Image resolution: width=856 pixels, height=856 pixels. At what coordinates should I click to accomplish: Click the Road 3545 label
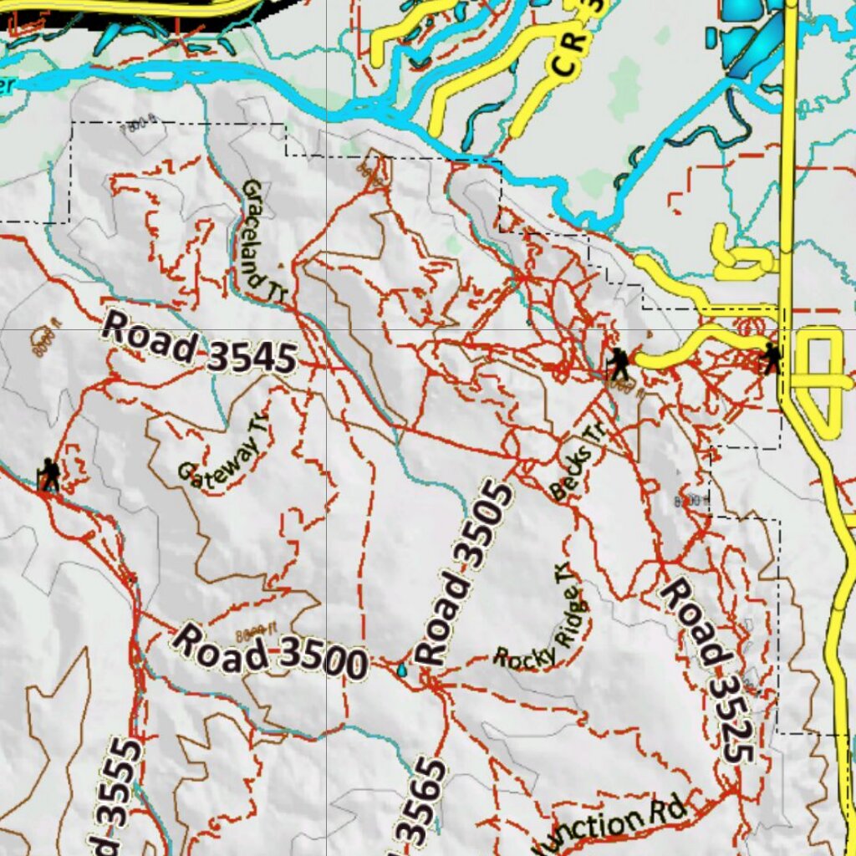[199, 344]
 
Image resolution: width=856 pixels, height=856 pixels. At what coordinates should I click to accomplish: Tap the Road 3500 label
[269, 651]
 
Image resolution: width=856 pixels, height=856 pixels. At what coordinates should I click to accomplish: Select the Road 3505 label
[465, 573]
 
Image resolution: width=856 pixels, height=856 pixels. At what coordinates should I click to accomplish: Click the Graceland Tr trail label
[263, 239]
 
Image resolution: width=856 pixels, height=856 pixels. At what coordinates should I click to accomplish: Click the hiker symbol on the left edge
[49, 474]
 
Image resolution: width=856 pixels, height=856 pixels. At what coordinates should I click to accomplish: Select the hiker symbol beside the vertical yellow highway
[770, 359]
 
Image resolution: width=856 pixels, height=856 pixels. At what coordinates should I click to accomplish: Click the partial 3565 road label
[421, 802]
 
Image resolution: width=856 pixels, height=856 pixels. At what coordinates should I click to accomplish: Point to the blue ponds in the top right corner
[748, 33]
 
